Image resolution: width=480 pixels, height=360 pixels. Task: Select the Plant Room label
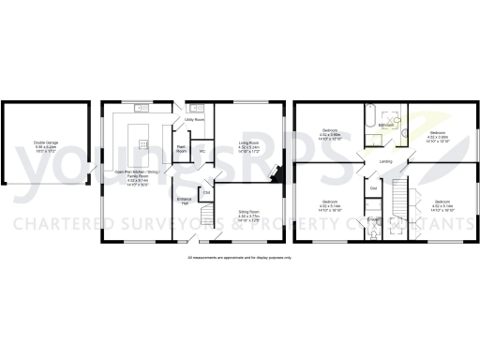click(181, 147)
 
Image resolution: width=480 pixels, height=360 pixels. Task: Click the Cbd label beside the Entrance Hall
click(206, 193)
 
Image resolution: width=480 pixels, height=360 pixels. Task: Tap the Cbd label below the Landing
click(373, 189)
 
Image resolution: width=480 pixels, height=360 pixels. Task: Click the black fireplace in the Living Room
click(277, 173)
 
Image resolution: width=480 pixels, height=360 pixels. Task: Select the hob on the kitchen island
click(143, 143)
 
